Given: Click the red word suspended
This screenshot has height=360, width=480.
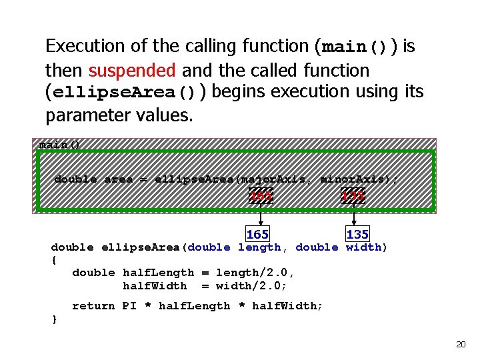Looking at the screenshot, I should click(x=132, y=70).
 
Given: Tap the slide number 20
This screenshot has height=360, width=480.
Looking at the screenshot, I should click(x=460, y=344).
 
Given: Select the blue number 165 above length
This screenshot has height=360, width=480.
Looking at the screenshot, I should click(x=257, y=235).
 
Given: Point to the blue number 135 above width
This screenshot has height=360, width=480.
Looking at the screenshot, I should click(x=357, y=235).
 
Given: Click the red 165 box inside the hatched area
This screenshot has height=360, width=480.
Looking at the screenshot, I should click(x=261, y=196).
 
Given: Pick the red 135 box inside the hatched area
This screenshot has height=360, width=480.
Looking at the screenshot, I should click(x=353, y=196).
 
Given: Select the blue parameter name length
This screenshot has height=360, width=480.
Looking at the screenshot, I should click(x=259, y=247).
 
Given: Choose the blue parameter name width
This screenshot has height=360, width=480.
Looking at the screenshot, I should click(x=363, y=247).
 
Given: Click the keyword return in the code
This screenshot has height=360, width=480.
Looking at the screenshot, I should click(x=93, y=306).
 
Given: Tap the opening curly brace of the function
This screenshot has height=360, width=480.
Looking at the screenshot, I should click(x=54, y=260).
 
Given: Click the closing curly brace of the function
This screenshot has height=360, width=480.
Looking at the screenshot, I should click(x=54, y=319).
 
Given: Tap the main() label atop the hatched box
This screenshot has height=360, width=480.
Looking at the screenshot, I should click(x=59, y=145).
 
